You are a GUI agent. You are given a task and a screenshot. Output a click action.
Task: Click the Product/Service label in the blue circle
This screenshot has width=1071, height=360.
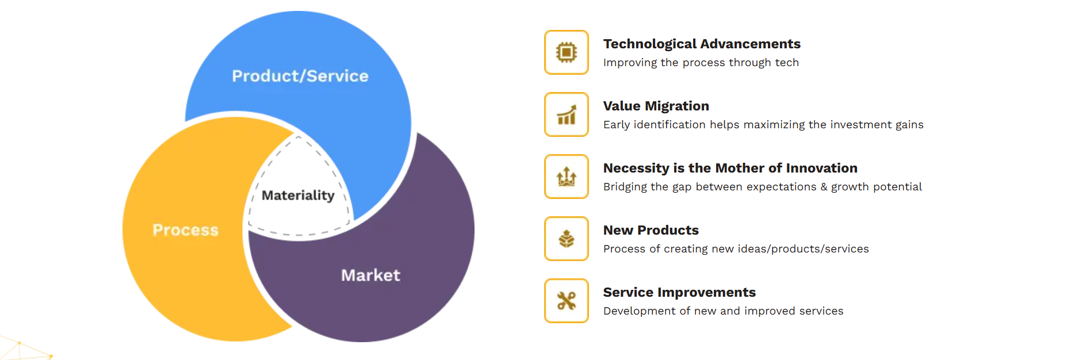300,76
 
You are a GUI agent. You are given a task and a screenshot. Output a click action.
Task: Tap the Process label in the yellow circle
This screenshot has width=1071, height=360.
186,230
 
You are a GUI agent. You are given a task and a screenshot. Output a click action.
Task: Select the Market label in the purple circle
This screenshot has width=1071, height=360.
370,275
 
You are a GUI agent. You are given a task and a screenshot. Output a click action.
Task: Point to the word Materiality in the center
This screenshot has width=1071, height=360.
298,196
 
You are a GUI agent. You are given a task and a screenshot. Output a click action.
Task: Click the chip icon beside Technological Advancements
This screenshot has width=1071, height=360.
567,52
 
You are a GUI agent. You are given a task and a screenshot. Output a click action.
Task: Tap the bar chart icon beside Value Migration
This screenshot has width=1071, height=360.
567,114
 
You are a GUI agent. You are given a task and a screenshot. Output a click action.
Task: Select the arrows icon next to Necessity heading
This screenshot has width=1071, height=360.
567,177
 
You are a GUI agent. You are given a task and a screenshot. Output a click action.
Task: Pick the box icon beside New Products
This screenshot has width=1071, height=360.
567,239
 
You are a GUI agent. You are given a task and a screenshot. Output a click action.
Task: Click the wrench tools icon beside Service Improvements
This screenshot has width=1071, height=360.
567,301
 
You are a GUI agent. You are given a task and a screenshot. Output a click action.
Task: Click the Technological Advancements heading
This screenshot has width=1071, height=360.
702,44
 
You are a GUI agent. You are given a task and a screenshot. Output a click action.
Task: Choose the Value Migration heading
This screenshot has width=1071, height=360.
656,106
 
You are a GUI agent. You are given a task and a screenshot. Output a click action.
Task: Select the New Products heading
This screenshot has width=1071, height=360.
651,230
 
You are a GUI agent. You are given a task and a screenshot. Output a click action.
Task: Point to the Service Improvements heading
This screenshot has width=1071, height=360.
679,292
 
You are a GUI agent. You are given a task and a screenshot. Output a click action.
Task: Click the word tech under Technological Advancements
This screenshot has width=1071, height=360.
787,62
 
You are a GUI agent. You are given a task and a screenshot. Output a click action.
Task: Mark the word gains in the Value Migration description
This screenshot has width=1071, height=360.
909,125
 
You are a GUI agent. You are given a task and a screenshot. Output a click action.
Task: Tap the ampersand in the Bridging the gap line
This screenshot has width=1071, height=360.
824,187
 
